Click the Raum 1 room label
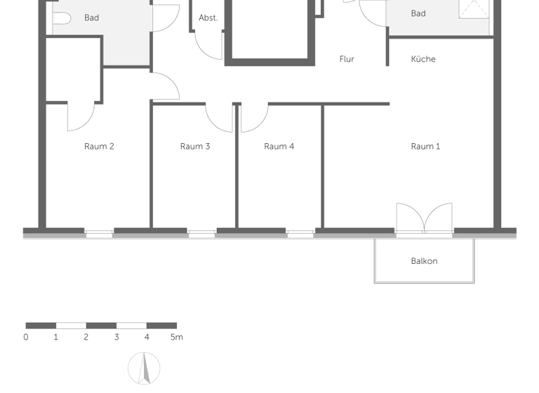tap(425, 147)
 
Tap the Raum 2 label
tap(99, 147)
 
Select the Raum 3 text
tap(194, 147)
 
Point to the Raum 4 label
tap(279, 147)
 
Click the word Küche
tap(423, 60)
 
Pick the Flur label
tap(347, 60)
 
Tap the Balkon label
tap(424, 261)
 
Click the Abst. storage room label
tap(208, 18)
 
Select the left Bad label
tap(91, 18)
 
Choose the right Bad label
tap(418, 13)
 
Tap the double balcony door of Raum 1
tap(424, 218)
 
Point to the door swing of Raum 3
tap(220, 118)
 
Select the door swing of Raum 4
tap(253, 118)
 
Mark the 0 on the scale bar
tap(26, 338)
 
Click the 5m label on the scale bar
tap(176, 338)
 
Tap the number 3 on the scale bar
tap(117, 338)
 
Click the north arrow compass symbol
tap(144, 368)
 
